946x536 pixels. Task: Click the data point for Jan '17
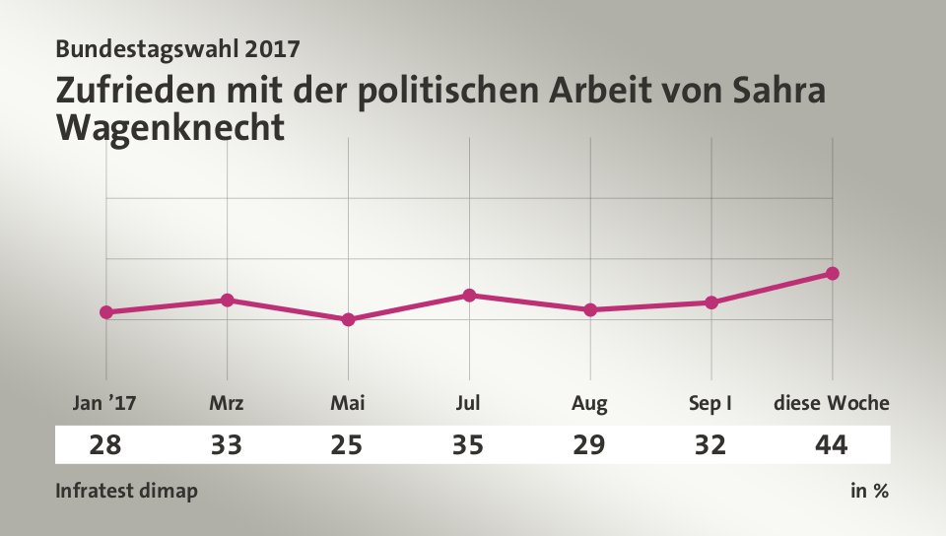click(x=106, y=312)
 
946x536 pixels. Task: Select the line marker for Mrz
click(x=227, y=300)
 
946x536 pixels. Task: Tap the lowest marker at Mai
click(x=348, y=319)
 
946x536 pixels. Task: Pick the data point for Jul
click(x=469, y=295)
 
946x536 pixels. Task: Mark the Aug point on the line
click(x=590, y=309)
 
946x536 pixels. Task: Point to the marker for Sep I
click(x=711, y=302)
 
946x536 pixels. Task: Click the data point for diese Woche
click(x=832, y=273)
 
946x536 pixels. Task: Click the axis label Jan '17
click(x=105, y=403)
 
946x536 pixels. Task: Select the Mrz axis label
click(x=227, y=403)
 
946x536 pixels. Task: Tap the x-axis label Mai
click(x=348, y=403)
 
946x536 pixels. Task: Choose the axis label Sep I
click(x=709, y=403)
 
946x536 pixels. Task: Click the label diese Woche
click(x=832, y=403)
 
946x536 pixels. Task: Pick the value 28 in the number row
click(x=105, y=445)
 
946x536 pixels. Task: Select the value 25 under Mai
click(x=348, y=445)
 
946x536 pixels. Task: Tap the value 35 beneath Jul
click(x=469, y=445)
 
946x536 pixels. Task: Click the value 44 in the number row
click(x=832, y=445)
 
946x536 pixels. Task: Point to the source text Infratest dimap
click(x=126, y=491)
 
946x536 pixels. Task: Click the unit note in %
click(x=869, y=491)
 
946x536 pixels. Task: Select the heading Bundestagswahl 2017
click(x=178, y=47)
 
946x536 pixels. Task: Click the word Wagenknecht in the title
click(x=170, y=127)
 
